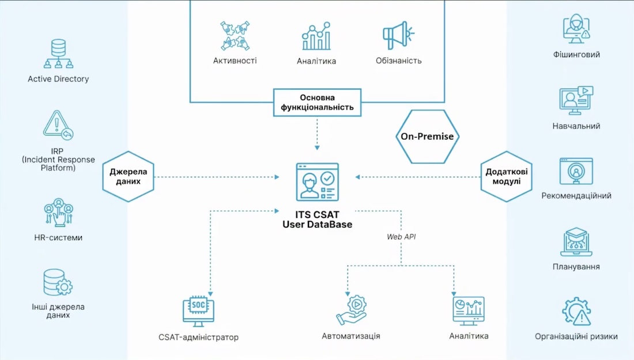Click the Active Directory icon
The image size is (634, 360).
(x=58, y=54)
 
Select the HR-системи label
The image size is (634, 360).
(x=58, y=237)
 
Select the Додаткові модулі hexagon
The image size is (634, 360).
(x=507, y=176)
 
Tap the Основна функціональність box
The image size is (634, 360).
(x=318, y=103)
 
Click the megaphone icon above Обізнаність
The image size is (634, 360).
(x=398, y=36)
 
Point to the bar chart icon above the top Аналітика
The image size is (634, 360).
(x=316, y=36)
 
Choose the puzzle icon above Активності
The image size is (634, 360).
(x=235, y=36)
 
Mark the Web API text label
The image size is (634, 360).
(x=401, y=236)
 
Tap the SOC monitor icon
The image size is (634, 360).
(x=198, y=311)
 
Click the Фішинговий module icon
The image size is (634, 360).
(x=576, y=29)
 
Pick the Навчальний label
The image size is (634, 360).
(x=576, y=126)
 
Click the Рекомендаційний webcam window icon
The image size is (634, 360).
(x=576, y=171)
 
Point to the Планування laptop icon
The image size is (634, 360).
(x=576, y=242)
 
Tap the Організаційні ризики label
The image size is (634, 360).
(x=576, y=336)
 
